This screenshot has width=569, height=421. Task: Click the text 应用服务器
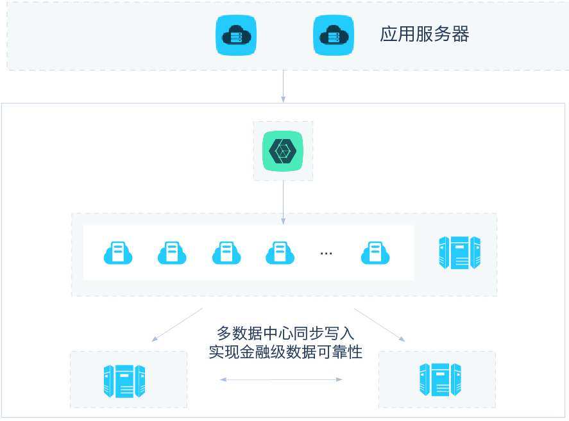425,34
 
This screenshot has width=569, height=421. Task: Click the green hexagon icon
283,151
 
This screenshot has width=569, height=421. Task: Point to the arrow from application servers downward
283,86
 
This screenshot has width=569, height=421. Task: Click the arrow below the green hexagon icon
283,202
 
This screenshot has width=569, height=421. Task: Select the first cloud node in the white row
118,252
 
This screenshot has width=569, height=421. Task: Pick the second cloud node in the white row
172,252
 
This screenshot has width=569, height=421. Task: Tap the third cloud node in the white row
226,252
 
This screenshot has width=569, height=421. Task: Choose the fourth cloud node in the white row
280,252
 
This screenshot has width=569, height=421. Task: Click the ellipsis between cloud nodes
326,253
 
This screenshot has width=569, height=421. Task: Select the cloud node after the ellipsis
375,252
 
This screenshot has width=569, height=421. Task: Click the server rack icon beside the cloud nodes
459,252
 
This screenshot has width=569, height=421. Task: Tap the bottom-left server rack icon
124,381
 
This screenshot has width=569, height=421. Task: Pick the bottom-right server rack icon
441,378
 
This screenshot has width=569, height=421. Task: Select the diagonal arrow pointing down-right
380,325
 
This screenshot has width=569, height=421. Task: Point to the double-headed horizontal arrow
281,379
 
